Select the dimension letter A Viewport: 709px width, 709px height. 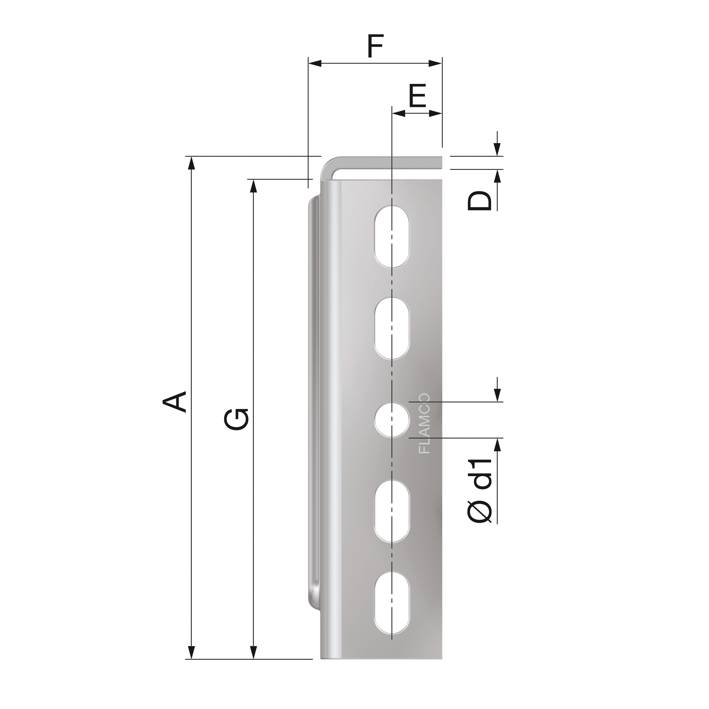(x=175, y=402)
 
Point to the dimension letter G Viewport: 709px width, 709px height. (x=237, y=419)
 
